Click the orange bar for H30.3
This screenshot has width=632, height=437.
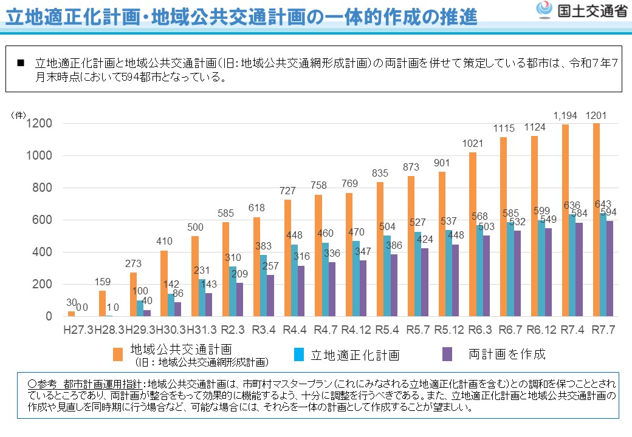click(x=164, y=283)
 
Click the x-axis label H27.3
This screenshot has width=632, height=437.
click(x=78, y=331)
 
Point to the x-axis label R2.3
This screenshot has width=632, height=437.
click(x=232, y=331)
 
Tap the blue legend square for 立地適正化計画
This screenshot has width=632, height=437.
click(x=299, y=354)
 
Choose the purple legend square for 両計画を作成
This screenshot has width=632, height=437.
click(x=447, y=354)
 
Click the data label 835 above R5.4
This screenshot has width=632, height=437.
click(x=380, y=174)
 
